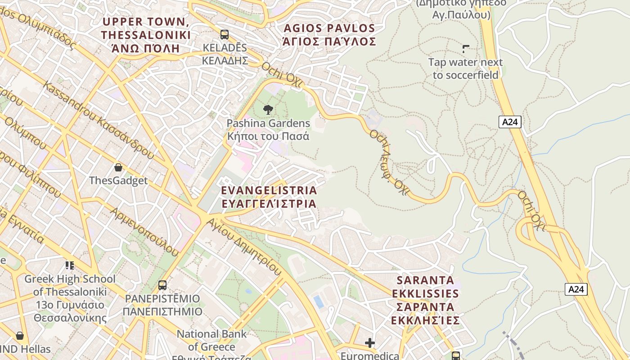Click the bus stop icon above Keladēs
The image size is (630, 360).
[224, 34]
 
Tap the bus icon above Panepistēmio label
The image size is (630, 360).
[162, 285]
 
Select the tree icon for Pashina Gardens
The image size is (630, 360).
[268, 109]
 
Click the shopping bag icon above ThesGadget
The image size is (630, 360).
[118, 167]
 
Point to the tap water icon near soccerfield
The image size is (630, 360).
[466, 49]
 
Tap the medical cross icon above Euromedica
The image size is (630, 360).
[370, 343]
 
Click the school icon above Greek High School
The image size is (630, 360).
[70, 265]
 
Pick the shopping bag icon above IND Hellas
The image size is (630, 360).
[20, 336]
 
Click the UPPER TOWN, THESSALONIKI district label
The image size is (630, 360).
[146, 35]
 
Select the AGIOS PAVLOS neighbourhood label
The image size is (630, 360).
[329, 35]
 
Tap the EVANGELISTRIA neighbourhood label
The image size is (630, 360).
[269, 197]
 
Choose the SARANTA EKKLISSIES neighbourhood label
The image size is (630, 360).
[425, 300]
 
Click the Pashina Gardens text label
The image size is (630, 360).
[268, 130]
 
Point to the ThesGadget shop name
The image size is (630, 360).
[118, 180]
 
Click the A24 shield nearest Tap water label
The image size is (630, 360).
[510, 121]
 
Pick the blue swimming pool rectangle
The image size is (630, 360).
[319, 301]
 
